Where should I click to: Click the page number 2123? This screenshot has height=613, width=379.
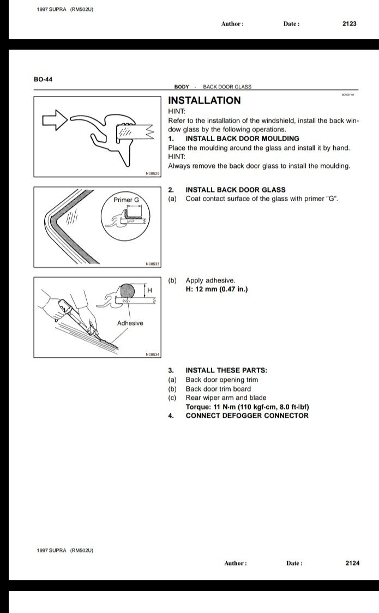(349, 24)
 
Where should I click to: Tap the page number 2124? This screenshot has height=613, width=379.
(352, 563)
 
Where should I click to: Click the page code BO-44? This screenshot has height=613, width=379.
(43, 80)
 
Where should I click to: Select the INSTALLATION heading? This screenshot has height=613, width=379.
(204, 100)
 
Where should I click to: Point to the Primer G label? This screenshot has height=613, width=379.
(127, 200)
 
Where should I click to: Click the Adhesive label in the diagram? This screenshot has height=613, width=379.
(130, 323)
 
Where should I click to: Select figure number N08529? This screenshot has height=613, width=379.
(152, 173)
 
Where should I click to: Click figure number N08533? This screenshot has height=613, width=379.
(152, 264)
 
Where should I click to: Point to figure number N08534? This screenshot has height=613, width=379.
(152, 354)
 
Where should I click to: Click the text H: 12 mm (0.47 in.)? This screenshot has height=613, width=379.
(216, 289)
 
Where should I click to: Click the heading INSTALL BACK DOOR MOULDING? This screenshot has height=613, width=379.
(242, 139)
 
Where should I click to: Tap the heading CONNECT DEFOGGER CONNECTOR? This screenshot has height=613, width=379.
(246, 416)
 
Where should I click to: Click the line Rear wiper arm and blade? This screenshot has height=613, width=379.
(226, 398)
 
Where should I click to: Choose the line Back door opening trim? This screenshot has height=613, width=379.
(222, 380)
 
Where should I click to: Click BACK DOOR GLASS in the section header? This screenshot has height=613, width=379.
(227, 87)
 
